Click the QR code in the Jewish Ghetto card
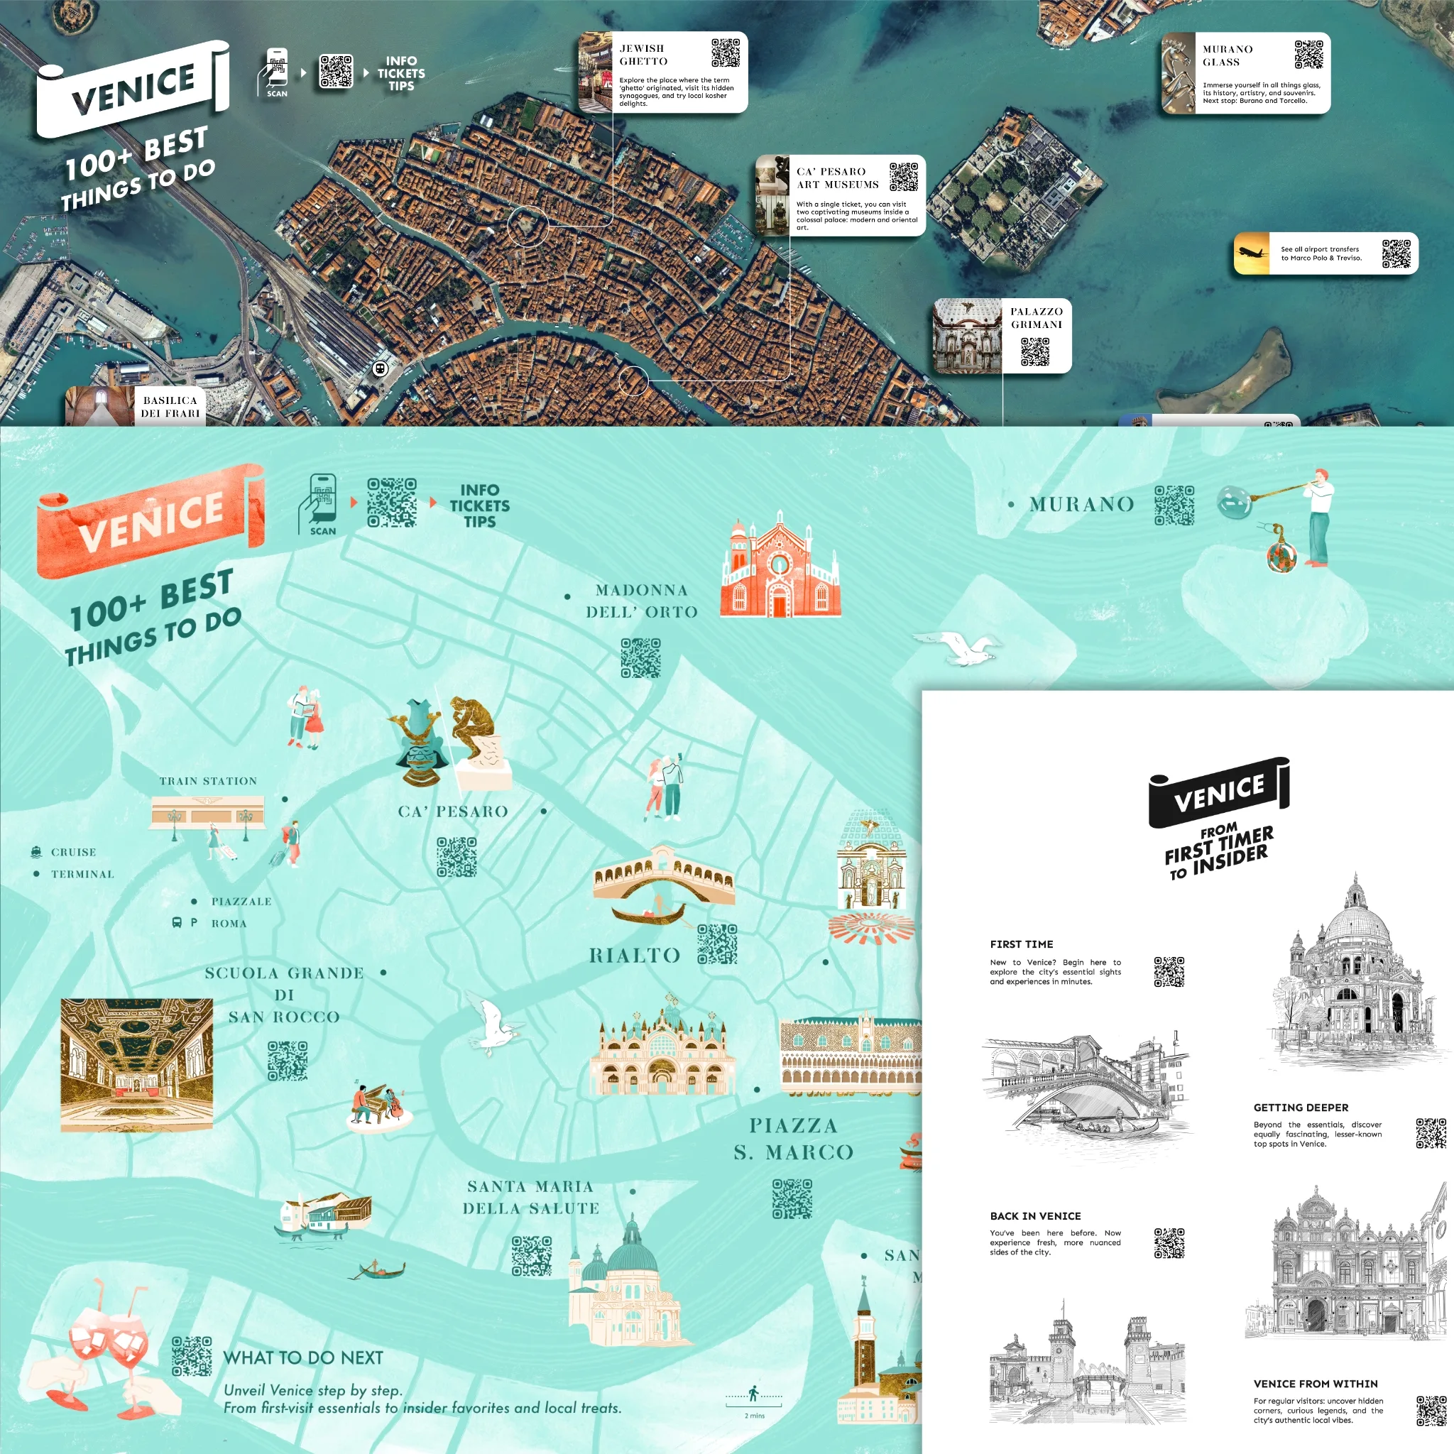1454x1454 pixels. point(726,53)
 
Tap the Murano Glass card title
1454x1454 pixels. point(1227,55)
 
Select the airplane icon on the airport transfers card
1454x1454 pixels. point(1252,253)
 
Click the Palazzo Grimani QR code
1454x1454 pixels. point(1035,351)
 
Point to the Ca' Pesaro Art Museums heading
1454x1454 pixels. point(837,177)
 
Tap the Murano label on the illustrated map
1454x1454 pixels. point(1081,504)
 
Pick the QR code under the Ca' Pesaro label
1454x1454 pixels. point(457,857)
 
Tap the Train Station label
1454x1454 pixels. point(208,781)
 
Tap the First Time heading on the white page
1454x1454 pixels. point(1021,944)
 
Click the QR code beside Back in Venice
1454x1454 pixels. point(1169,1243)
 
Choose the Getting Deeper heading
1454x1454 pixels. point(1301,1108)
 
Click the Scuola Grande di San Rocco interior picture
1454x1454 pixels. point(136,1065)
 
